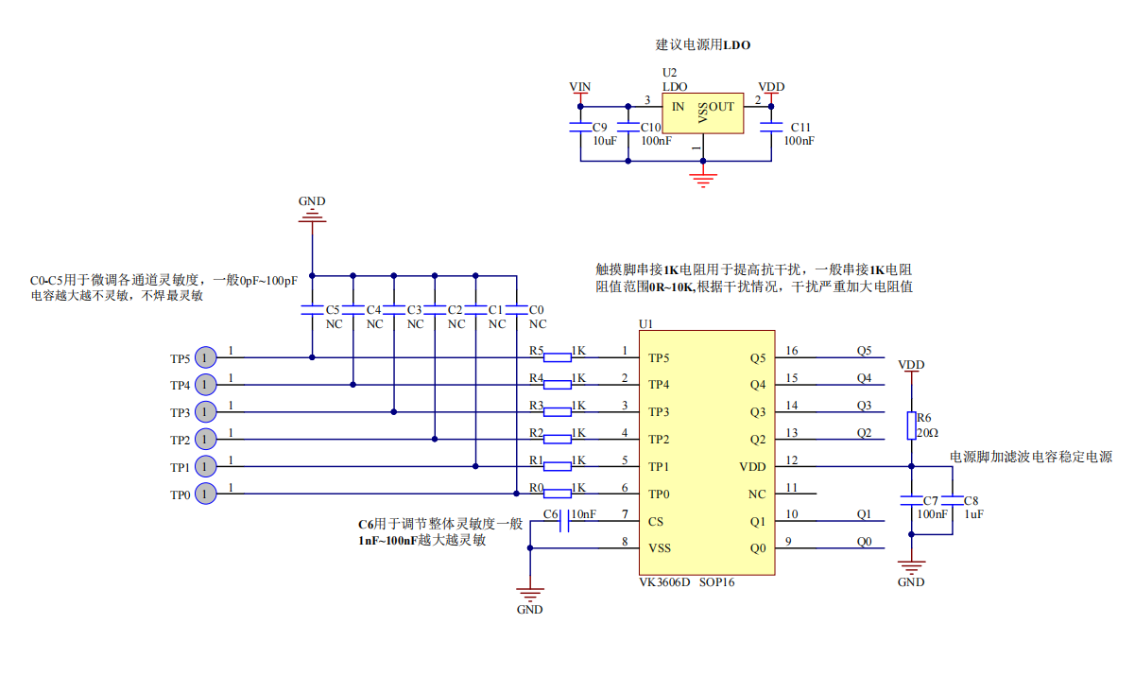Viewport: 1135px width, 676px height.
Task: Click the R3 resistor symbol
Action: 558,411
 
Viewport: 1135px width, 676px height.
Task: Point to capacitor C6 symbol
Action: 565,521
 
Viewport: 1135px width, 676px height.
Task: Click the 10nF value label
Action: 583,514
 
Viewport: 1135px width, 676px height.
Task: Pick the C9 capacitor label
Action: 600,127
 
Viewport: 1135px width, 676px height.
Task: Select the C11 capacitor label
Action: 800,127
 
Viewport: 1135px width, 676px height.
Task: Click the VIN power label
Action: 580,87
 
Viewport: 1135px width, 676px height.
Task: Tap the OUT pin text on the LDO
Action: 721,107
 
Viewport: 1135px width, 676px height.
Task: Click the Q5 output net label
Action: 864,351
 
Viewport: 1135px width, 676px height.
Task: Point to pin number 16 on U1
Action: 792,351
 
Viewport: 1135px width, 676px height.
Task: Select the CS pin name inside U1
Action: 656,521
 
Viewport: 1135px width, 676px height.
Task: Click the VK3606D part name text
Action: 664,582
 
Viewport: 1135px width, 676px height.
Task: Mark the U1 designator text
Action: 646,324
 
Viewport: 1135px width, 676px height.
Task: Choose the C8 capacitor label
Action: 972,500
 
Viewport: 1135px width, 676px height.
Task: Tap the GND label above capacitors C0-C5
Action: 312,201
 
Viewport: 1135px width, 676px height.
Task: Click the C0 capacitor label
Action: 537,310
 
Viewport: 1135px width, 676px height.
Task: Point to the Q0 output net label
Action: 864,542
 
